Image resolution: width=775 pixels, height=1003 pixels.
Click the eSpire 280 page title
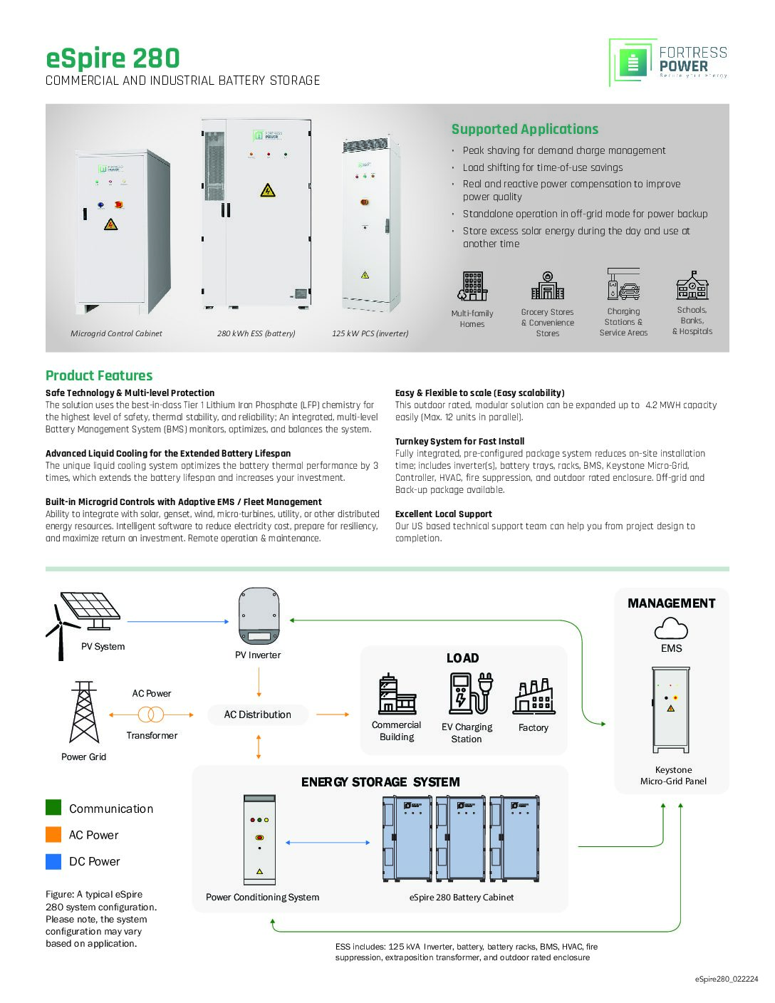[113, 58]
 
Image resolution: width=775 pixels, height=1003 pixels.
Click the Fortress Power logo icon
[633, 62]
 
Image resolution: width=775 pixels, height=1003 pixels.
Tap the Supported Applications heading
[525, 129]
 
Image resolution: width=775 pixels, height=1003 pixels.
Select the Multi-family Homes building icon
[472, 286]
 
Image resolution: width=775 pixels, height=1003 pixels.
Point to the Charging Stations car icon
[623, 284]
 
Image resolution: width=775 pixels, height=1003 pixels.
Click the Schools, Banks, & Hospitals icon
[692, 286]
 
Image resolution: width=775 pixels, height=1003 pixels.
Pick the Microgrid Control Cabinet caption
[116, 333]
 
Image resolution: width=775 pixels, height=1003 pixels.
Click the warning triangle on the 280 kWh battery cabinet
[268, 190]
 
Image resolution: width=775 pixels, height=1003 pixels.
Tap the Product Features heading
[99, 375]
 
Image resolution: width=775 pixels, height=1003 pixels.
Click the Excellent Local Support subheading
[443, 514]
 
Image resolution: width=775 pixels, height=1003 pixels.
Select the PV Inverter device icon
[259, 615]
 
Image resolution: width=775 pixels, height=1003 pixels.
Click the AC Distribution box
[258, 714]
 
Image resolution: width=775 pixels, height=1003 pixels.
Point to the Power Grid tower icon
[83, 712]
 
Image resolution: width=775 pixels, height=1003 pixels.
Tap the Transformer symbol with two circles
[151, 714]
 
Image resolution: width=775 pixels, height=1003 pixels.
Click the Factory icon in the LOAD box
[534, 697]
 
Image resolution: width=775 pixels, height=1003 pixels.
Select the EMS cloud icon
[671, 628]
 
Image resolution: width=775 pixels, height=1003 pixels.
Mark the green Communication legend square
[53, 807]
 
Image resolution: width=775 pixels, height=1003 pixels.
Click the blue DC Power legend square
[53, 861]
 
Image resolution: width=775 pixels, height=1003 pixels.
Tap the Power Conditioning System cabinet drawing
[259, 839]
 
